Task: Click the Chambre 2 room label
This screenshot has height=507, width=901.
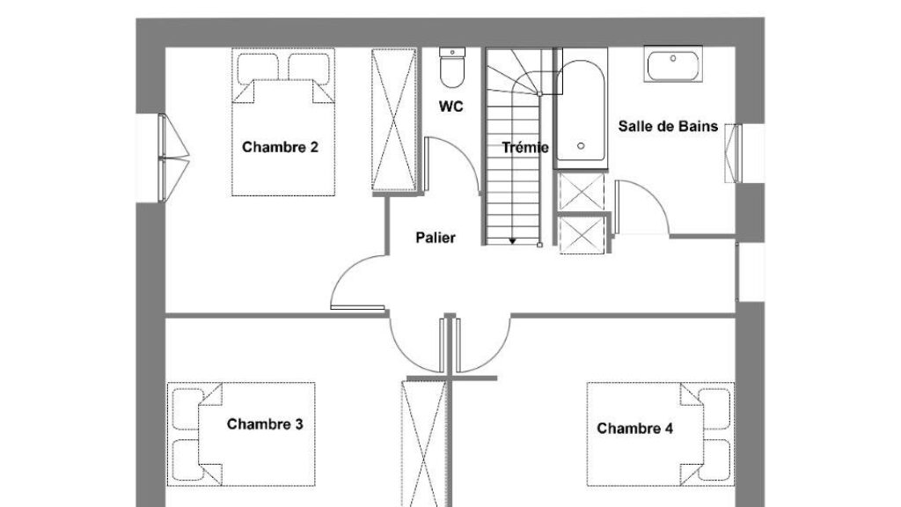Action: (x=280, y=147)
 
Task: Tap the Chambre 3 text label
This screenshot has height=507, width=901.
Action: (x=265, y=424)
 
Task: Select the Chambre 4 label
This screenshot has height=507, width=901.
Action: (x=635, y=429)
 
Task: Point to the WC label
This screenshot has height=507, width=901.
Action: (x=451, y=107)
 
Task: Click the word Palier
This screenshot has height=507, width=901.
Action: (x=436, y=238)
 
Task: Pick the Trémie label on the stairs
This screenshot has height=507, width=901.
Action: (x=525, y=148)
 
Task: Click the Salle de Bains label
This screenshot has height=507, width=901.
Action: (x=668, y=127)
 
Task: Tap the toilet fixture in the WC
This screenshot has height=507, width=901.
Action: (x=451, y=67)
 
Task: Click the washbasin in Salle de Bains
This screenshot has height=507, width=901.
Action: (x=673, y=64)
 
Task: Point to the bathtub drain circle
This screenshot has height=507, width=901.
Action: (x=581, y=146)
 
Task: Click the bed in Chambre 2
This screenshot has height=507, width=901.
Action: (x=283, y=121)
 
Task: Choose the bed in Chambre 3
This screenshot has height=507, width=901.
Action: (x=241, y=434)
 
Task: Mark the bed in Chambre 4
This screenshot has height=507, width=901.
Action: (x=661, y=434)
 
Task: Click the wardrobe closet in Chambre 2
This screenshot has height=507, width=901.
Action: (x=393, y=120)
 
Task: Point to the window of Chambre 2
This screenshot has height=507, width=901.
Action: (x=173, y=158)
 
